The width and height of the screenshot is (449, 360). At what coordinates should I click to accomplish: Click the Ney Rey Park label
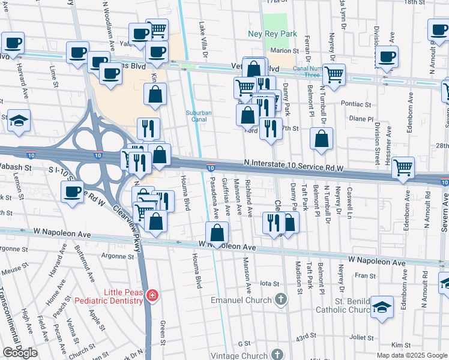point(273,34)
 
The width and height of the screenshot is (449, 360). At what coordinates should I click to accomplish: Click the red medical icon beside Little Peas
point(152,295)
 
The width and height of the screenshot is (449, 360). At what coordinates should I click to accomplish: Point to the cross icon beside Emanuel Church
point(280,299)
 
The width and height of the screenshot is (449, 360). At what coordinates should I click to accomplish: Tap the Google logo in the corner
point(20,352)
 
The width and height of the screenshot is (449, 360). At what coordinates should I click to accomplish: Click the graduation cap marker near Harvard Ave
point(19,121)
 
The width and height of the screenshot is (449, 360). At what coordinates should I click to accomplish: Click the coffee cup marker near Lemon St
point(73,192)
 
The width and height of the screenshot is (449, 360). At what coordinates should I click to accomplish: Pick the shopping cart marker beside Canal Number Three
point(334,74)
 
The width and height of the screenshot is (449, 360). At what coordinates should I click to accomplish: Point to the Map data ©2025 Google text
point(411,355)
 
